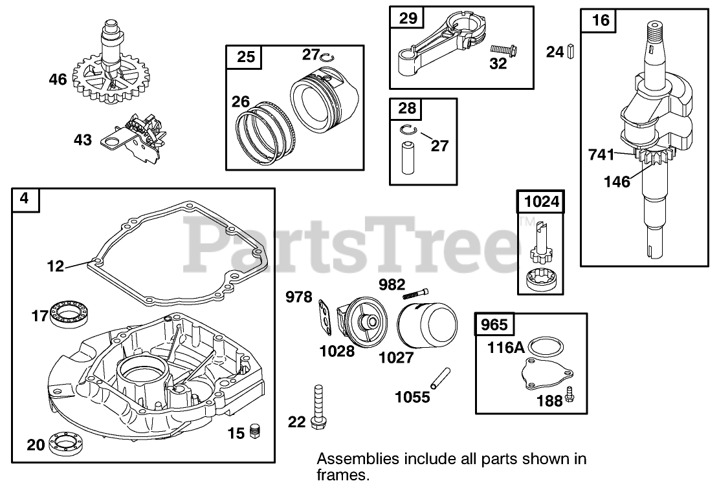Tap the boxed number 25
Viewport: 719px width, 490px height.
246,57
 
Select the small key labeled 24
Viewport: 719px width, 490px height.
571,51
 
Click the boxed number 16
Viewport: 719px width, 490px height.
600,20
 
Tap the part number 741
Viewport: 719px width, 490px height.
601,154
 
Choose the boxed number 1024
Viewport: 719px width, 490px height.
540,202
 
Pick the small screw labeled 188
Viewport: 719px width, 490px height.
570,393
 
